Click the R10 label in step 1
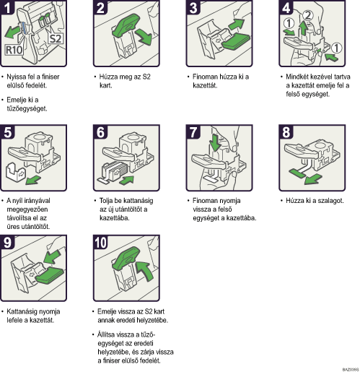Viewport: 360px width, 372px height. pos(14,50)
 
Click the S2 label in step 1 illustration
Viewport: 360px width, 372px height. pos(56,38)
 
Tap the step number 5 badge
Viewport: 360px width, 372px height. pos(7,132)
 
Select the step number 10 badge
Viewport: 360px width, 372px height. pos(100,243)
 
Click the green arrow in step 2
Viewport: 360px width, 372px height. pos(144,36)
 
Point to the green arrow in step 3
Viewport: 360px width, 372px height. pos(236,24)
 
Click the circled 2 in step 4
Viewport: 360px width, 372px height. pos(307,16)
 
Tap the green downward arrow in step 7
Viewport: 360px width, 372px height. pos(215,142)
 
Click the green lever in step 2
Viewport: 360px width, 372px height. pos(126,25)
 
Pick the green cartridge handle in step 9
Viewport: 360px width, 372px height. pos(50,274)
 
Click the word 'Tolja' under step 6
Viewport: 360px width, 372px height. pos(106,201)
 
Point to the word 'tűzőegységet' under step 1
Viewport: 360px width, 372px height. pos(27,109)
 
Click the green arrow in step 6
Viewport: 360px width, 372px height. pos(126,180)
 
